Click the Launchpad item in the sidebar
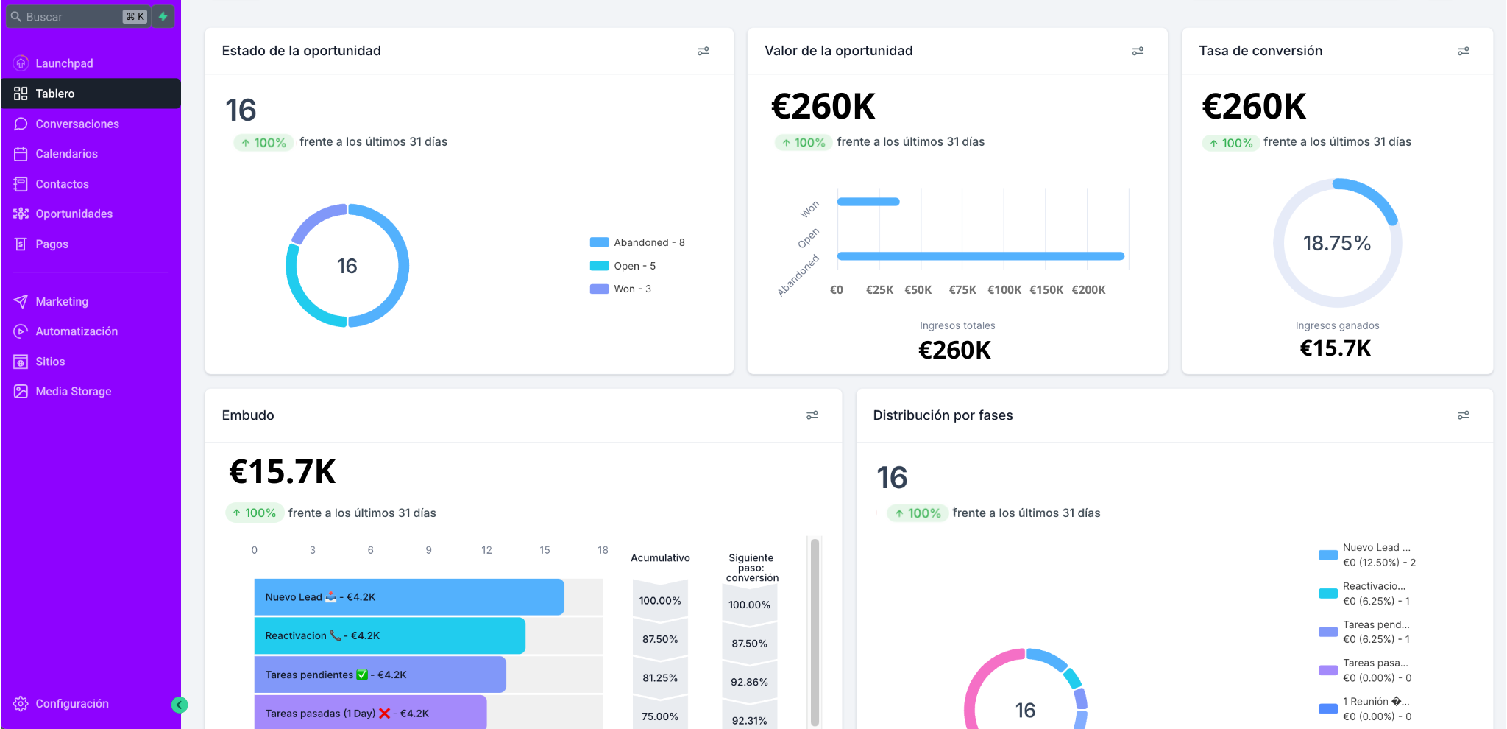(x=64, y=63)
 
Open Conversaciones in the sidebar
(x=77, y=124)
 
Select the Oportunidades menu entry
(x=74, y=214)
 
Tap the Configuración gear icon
(x=21, y=704)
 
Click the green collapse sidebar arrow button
(x=179, y=705)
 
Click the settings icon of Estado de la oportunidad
(x=703, y=51)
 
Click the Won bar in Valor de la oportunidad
(x=868, y=202)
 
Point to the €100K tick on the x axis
(x=1004, y=290)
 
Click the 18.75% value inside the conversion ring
(x=1336, y=243)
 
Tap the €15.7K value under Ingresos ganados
(x=1335, y=348)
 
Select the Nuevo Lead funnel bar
(x=408, y=597)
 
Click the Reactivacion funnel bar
(x=389, y=635)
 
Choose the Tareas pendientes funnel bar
(x=380, y=675)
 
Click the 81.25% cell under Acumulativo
(x=659, y=677)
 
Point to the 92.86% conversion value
(x=749, y=682)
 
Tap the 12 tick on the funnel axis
(x=486, y=550)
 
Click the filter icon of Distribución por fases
(x=1463, y=415)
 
